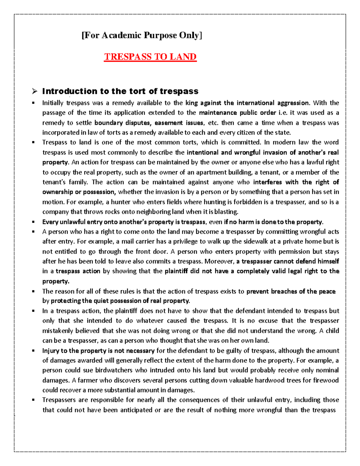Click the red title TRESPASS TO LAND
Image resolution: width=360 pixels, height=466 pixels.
[150, 57]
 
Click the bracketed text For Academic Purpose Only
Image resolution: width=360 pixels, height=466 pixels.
[142, 35]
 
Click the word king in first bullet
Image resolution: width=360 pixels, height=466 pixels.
[192, 103]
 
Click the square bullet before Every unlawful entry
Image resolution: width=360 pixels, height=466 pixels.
[34, 222]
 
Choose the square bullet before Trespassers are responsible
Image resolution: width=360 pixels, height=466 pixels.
[34, 400]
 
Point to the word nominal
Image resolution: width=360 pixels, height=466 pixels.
[327, 370]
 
